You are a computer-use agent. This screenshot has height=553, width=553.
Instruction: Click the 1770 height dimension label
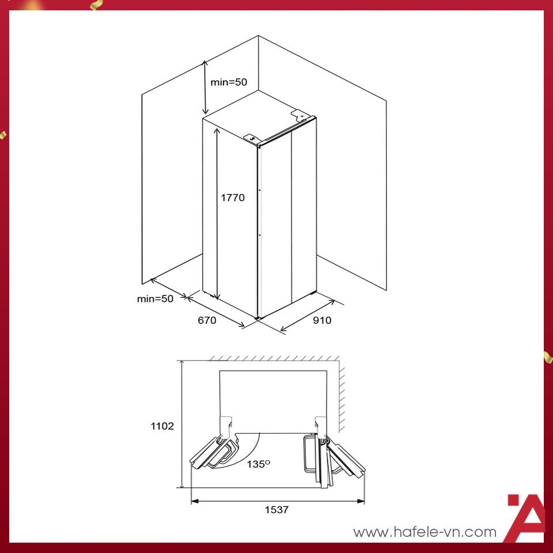pos(233,198)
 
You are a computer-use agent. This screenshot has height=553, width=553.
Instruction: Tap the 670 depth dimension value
pos(207,320)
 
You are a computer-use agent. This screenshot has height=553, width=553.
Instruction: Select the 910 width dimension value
pos(322,320)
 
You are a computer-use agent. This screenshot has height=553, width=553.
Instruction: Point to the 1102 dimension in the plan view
pos(162,426)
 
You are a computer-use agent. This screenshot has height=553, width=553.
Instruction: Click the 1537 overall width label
pos(276,510)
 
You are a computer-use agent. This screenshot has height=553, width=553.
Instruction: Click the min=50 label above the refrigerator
pos(229,82)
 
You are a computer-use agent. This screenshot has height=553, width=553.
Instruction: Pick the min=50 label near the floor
pos(155,298)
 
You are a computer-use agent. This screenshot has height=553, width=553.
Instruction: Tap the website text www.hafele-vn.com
pos(425,532)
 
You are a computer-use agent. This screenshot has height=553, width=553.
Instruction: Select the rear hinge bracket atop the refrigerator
pos(300,115)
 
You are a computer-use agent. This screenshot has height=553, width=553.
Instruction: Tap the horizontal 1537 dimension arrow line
pos(278,501)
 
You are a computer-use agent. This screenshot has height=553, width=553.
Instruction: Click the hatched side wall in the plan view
pos(342,397)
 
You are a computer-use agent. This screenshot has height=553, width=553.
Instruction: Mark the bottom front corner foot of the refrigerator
pos(257,317)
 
